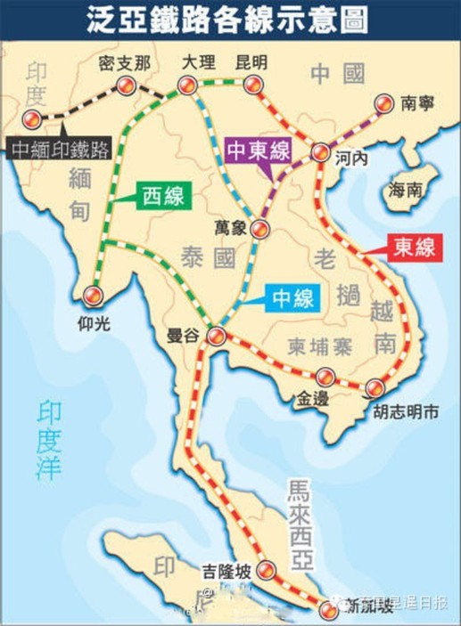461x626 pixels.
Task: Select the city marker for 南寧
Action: pyautogui.click(x=384, y=103)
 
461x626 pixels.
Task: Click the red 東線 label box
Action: pyautogui.click(x=416, y=247)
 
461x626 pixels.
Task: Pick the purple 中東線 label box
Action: pyautogui.click(x=259, y=150)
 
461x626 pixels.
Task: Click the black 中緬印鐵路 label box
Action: pyautogui.click(x=60, y=148)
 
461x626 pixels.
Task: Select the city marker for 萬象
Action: pyautogui.click(x=259, y=230)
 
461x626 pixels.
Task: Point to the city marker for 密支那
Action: pyautogui.click(x=124, y=85)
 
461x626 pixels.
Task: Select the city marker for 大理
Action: pyautogui.click(x=186, y=85)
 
